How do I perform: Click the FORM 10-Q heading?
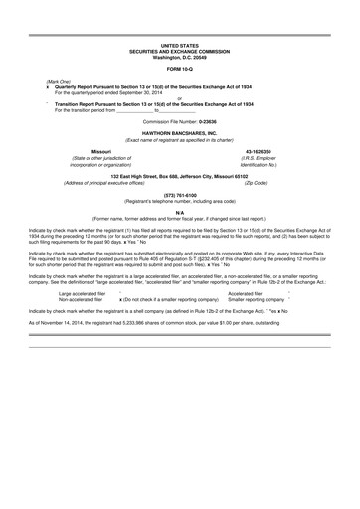click(x=180, y=69)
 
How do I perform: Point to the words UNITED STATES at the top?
click(x=180, y=46)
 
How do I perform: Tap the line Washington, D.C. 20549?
click(x=180, y=56)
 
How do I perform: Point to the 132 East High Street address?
click(x=180, y=175)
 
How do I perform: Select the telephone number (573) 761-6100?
click(x=180, y=195)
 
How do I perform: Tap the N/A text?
click(x=180, y=212)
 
